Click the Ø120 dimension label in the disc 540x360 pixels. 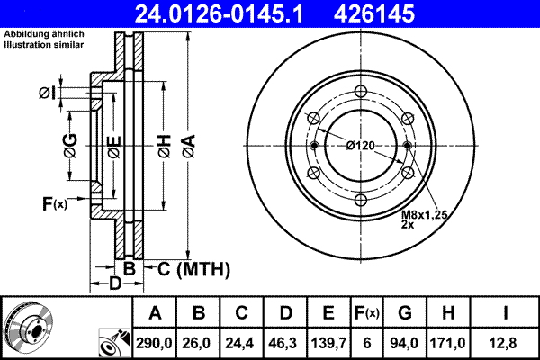click(360, 146)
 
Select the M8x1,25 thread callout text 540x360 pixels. click(423, 216)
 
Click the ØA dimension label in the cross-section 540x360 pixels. click(187, 144)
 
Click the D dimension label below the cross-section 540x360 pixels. click(114, 285)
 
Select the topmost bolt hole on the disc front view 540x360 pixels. click(360, 91)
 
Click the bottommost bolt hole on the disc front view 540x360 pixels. click(360, 200)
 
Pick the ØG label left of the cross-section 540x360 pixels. click(70, 144)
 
